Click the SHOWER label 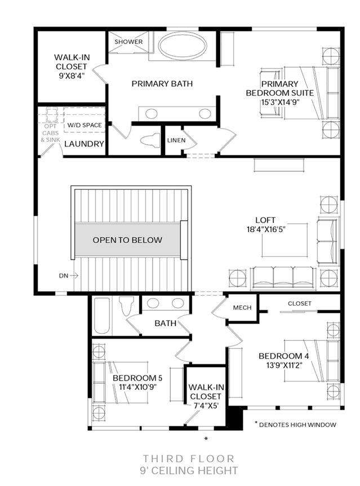point(128,42)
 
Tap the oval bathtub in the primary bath point(183,46)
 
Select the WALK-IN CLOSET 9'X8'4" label point(72,66)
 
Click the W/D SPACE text point(85,125)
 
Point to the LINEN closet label point(176,140)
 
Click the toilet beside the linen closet point(150,140)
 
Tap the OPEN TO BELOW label point(127,240)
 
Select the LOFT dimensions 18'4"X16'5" point(266,229)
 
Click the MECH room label point(242,307)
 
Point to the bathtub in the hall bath point(102,315)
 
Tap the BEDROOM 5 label point(137,378)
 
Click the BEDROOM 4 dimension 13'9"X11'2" point(284,365)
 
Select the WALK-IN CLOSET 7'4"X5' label point(206,396)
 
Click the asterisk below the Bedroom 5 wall point(206,439)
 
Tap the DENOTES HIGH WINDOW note point(297,425)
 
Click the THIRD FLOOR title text point(188,459)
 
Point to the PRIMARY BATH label point(162,84)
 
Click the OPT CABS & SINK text point(51,133)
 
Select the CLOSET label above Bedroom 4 point(300,304)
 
